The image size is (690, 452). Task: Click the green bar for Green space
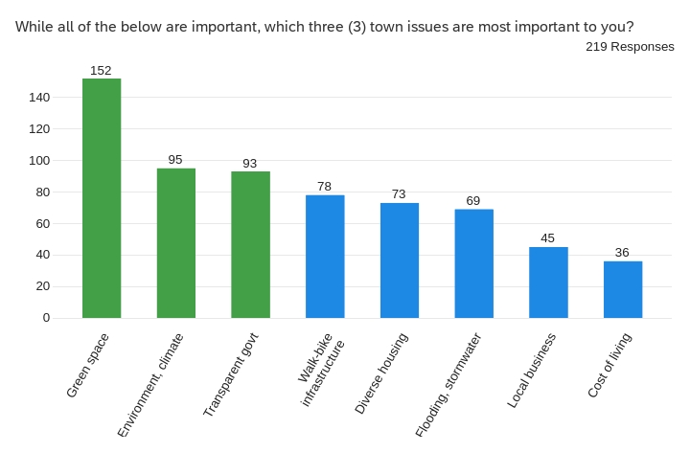(102, 198)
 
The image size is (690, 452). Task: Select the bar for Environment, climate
(176, 243)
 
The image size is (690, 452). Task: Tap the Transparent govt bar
(250, 244)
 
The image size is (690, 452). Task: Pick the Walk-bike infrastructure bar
(325, 256)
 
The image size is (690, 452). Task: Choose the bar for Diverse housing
(400, 260)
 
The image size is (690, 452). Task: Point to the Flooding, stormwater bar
(473, 263)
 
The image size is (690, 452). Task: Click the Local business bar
(548, 282)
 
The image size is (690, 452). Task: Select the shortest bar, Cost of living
(623, 289)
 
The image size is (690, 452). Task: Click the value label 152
(102, 71)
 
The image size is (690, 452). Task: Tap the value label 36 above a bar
(623, 253)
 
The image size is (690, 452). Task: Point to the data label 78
(325, 187)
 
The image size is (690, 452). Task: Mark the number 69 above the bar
(473, 201)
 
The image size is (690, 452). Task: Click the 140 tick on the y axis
(39, 97)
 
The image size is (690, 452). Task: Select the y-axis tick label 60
(43, 223)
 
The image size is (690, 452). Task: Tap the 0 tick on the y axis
(46, 317)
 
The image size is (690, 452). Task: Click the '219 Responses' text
(630, 47)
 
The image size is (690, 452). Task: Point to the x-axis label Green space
(88, 366)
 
